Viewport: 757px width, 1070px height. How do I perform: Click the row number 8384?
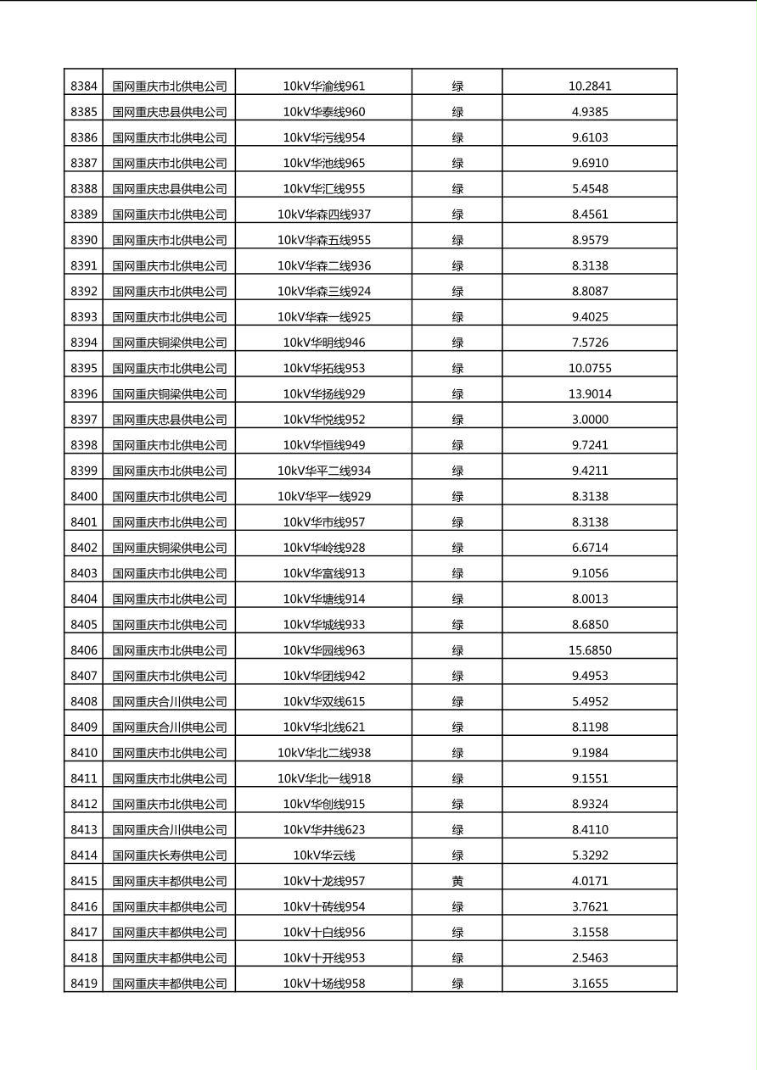pyautogui.click(x=83, y=86)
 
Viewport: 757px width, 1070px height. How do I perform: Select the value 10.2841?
pyautogui.click(x=590, y=86)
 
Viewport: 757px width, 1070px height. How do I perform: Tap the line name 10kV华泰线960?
pyautogui.click(x=324, y=111)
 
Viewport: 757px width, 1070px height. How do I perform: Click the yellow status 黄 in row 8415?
pyautogui.click(x=457, y=881)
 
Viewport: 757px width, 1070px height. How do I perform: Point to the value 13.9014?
pyautogui.click(x=590, y=393)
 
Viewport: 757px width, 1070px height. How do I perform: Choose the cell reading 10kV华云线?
pyautogui.click(x=324, y=855)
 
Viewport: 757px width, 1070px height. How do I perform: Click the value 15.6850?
pyautogui.click(x=590, y=650)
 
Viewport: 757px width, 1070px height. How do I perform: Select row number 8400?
pyautogui.click(x=83, y=496)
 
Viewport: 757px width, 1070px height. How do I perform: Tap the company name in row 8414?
pyautogui.click(x=170, y=855)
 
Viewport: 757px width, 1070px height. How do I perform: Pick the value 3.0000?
pyautogui.click(x=590, y=419)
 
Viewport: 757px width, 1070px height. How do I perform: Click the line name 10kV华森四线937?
pyautogui.click(x=324, y=214)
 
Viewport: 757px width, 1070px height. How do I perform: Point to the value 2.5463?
pyautogui.click(x=590, y=958)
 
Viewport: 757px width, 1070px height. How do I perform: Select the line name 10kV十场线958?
pyautogui.click(x=324, y=984)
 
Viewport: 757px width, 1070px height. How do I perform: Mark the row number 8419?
pyautogui.click(x=83, y=984)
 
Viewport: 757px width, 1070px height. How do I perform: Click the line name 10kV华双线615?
pyautogui.click(x=324, y=701)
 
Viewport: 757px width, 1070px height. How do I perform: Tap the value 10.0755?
pyautogui.click(x=590, y=368)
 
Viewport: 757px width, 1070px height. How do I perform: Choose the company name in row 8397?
pyautogui.click(x=170, y=419)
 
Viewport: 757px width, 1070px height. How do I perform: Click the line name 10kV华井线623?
pyautogui.click(x=324, y=829)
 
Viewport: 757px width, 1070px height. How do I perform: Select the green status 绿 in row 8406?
pyautogui.click(x=457, y=650)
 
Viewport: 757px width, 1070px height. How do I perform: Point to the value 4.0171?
pyautogui.click(x=590, y=881)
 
